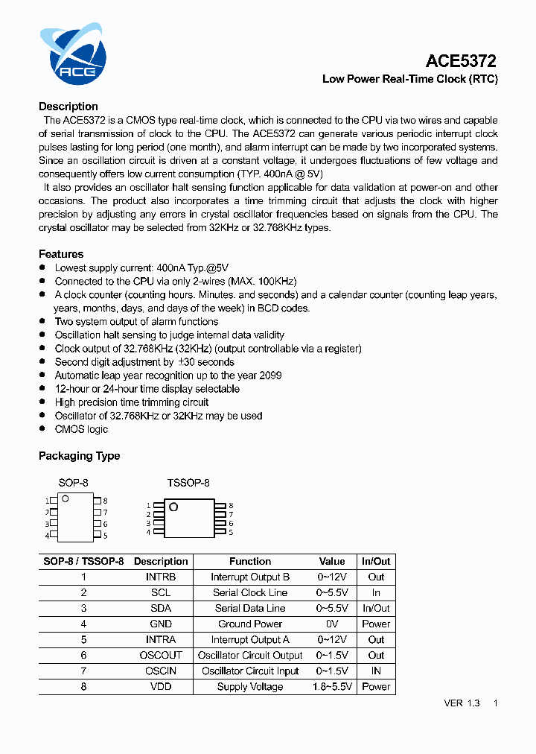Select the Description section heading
[x=68, y=107]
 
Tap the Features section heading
[x=61, y=254]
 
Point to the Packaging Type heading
[x=79, y=456]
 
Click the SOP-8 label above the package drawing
[x=73, y=483]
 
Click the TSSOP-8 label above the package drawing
[x=188, y=483]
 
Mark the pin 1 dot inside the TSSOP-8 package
[x=173, y=507]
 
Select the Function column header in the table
[x=250, y=561]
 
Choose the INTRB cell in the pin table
[x=161, y=577]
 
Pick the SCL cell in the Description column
[x=161, y=592]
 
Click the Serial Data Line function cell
[x=250, y=608]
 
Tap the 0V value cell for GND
[x=332, y=624]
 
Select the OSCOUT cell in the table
[x=161, y=655]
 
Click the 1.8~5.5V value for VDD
[x=332, y=686]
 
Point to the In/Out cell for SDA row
[x=376, y=608]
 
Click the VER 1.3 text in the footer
[x=462, y=703]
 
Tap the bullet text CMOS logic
[x=81, y=429]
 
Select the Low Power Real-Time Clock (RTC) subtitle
[x=409, y=79]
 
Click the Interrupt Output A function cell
[x=250, y=639]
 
